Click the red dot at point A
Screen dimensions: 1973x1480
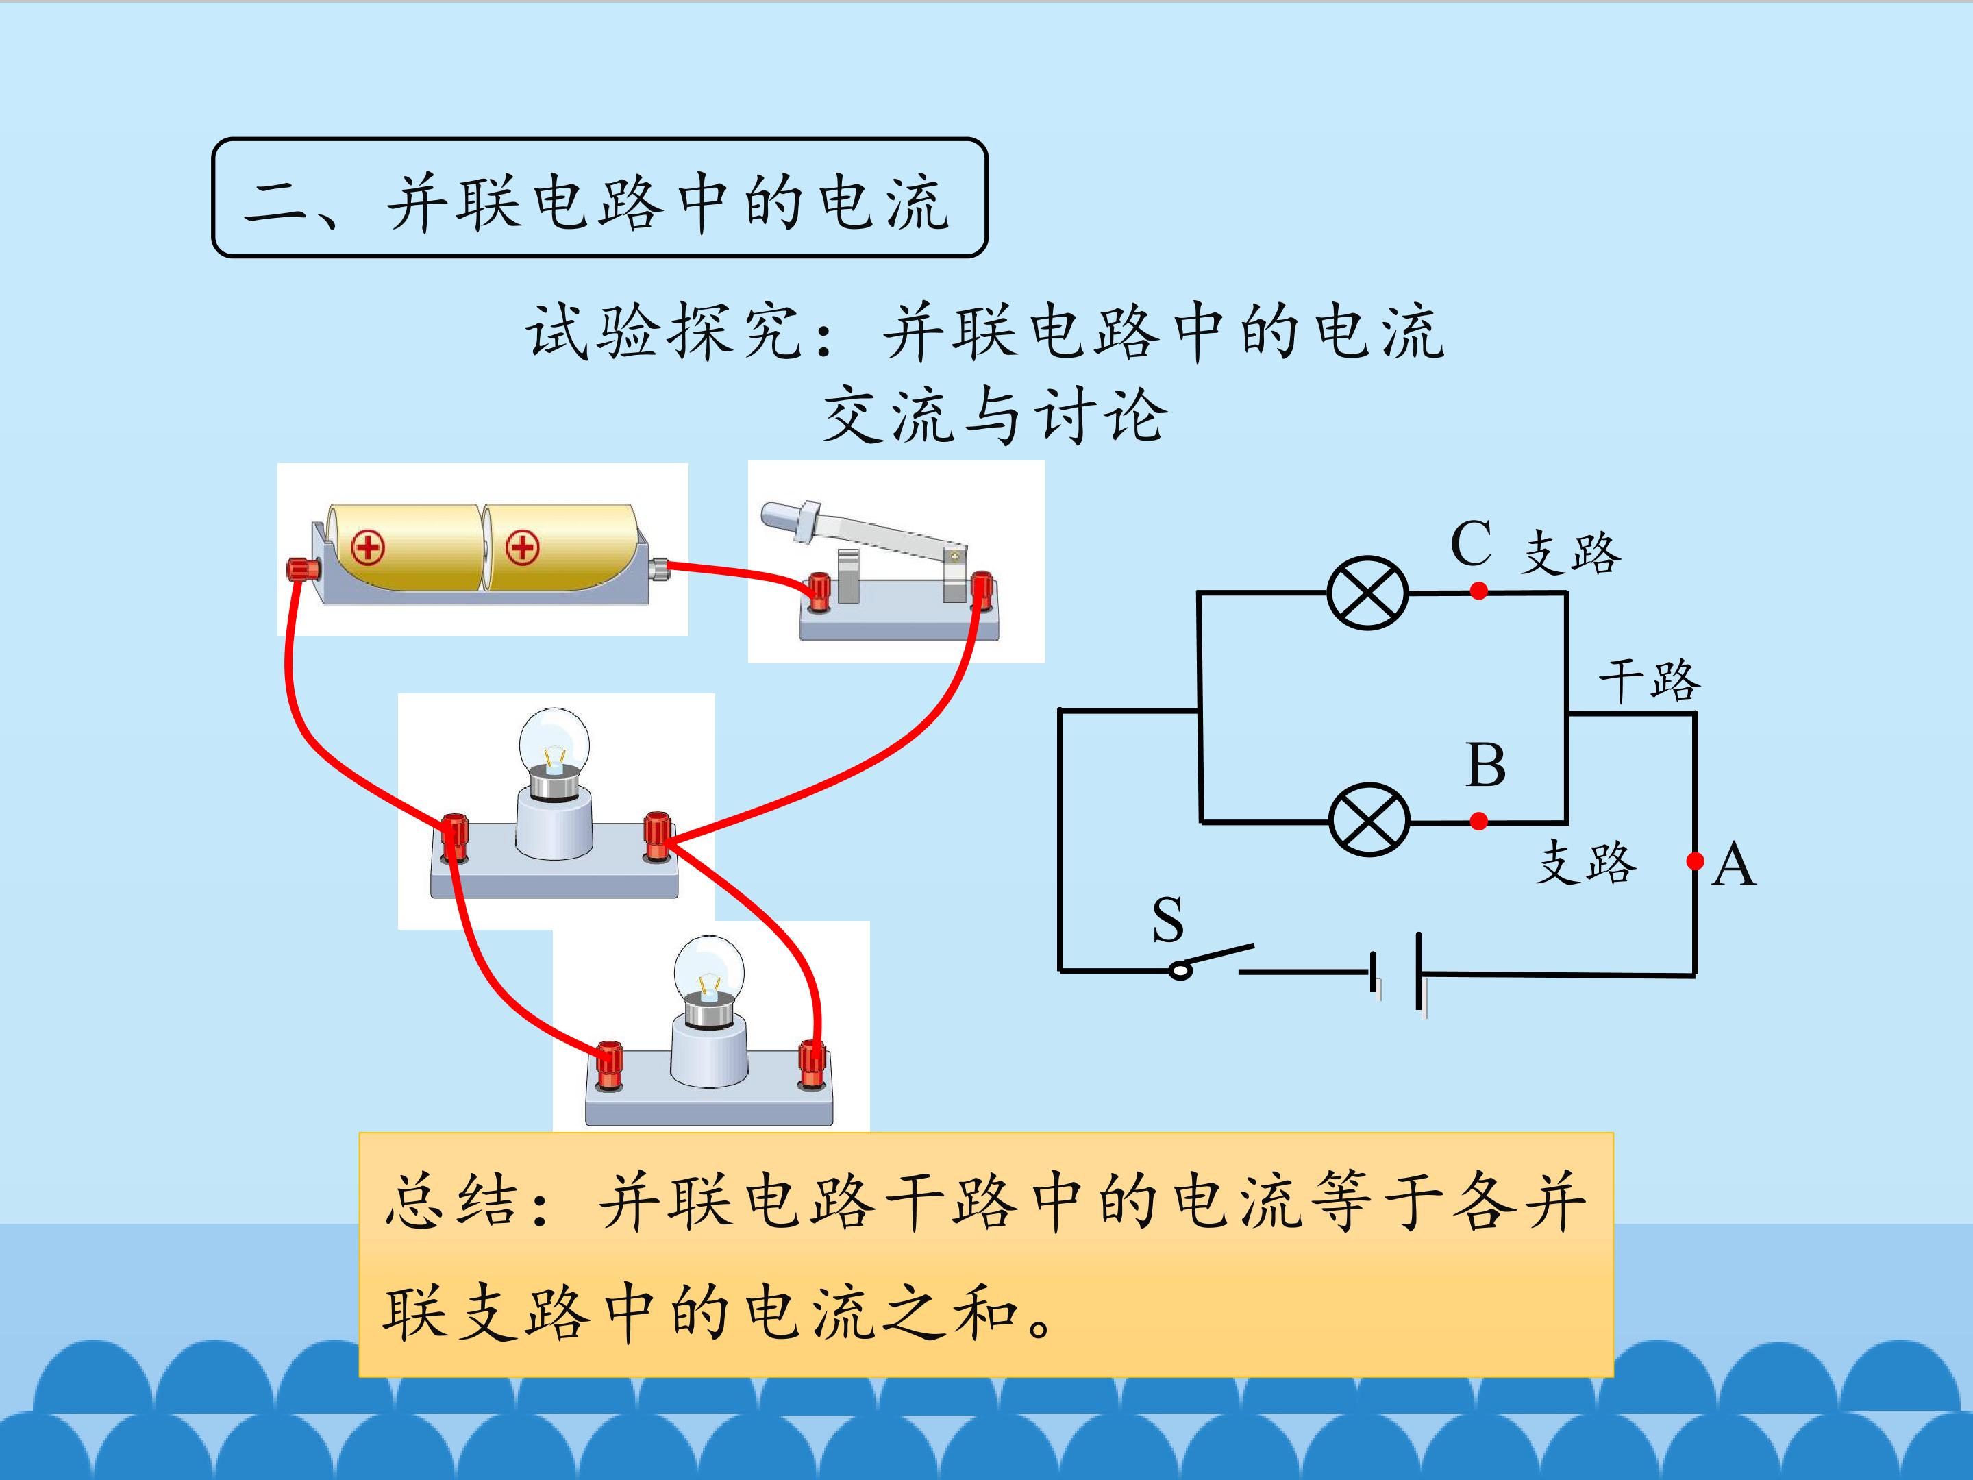pyautogui.click(x=1696, y=861)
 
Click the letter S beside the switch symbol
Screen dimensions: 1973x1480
pyautogui.click(x=1167, y=920)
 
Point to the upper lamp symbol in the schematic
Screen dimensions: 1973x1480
pyautogui.click(x=1367, y=593)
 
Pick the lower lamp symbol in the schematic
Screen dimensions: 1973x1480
pyautogui.click(x=1369, y=821)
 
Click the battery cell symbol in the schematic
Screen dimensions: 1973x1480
pyautogui.click(x=1398, y=974)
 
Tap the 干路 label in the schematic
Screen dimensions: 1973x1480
pyautogui.click(x=1649, y=680)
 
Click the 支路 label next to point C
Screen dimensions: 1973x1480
pyautogui.click(x=1571, y=553)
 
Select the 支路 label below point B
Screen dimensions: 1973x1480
pyautogui.click(x=1586, y=863)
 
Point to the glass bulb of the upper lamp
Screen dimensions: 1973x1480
pyautogui.click(x=555, y=739)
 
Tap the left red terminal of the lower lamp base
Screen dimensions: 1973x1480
pyautogui.click(x=608, y=1064)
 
